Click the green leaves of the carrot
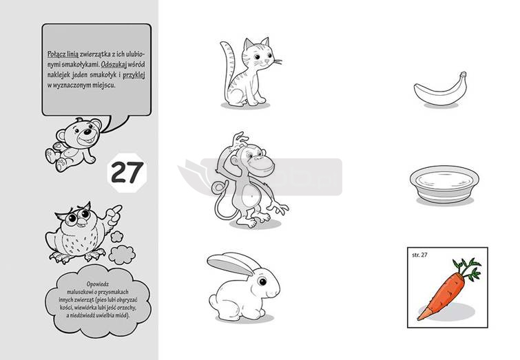[x=467, y=268]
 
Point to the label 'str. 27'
[x=419, y=255]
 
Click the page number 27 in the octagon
[x=127, y=172]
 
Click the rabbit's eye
[x=262, y=282]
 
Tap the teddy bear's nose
[x=87, y=131]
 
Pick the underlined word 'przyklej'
[x=134, y=75]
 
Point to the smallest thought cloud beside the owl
[x=116, y=237]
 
